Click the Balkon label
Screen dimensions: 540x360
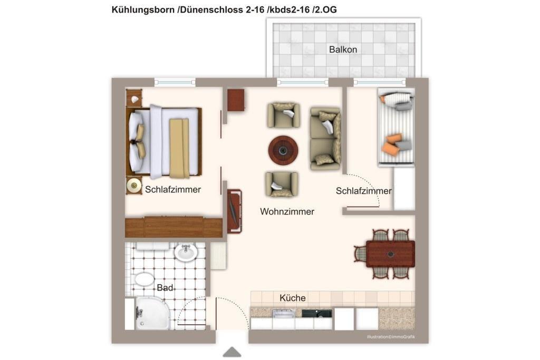pos(343,50)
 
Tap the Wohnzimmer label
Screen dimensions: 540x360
pos(287,211)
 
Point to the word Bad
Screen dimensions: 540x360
pos(165,288)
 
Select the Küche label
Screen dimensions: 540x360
pos(292,298)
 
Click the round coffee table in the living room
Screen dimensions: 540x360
pos(283,150)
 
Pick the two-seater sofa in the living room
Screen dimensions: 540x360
pos(325,139)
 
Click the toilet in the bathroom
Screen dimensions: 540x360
pos(144,279)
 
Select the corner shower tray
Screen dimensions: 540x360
pos(152,314)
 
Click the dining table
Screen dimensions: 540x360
pos(390,254)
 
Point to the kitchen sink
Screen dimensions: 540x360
pos(283,314)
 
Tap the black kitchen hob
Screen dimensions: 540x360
pos(317,313)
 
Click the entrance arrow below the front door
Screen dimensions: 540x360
pos(232,352)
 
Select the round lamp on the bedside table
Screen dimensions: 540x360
pos(134,186)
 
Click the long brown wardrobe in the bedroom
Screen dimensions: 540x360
pos(173,227)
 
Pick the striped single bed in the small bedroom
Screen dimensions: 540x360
pos(396,127)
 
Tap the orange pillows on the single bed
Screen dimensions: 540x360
pos(393,143)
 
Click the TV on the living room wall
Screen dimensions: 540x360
pos(234,211)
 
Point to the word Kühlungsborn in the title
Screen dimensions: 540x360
pos(143,10)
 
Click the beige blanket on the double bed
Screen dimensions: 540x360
pos(179,148)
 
